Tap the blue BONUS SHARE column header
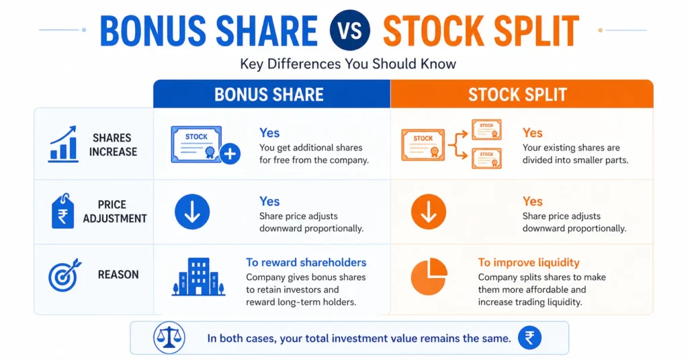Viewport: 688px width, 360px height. click(x=269, y=94)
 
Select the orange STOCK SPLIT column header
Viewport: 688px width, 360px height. click(x=517, y=94)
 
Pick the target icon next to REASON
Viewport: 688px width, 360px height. click(x=64, y=275)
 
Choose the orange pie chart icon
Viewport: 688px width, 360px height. click(x=429, y=276)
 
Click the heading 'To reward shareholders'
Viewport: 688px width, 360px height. click(x=306, y=263)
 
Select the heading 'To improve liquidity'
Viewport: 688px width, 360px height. click(x=529, y=263)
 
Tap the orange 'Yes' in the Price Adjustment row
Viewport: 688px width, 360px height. click(x=532, y=201)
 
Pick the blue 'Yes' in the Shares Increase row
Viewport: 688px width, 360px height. click(x=269, y=133)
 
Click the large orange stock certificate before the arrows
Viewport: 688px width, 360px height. click(x=423, y=144)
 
